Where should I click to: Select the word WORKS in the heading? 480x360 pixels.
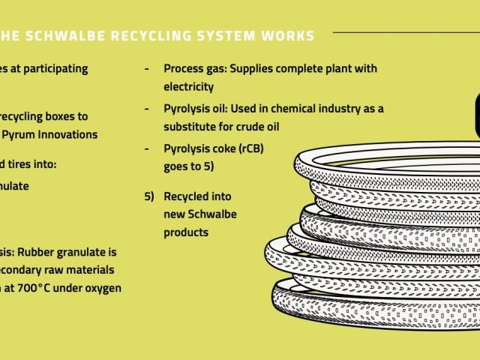288,35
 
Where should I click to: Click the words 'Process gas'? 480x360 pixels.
194,69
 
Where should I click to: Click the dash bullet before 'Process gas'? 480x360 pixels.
148,69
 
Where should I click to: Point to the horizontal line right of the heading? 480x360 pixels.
405,33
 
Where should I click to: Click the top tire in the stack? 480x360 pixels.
382,161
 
